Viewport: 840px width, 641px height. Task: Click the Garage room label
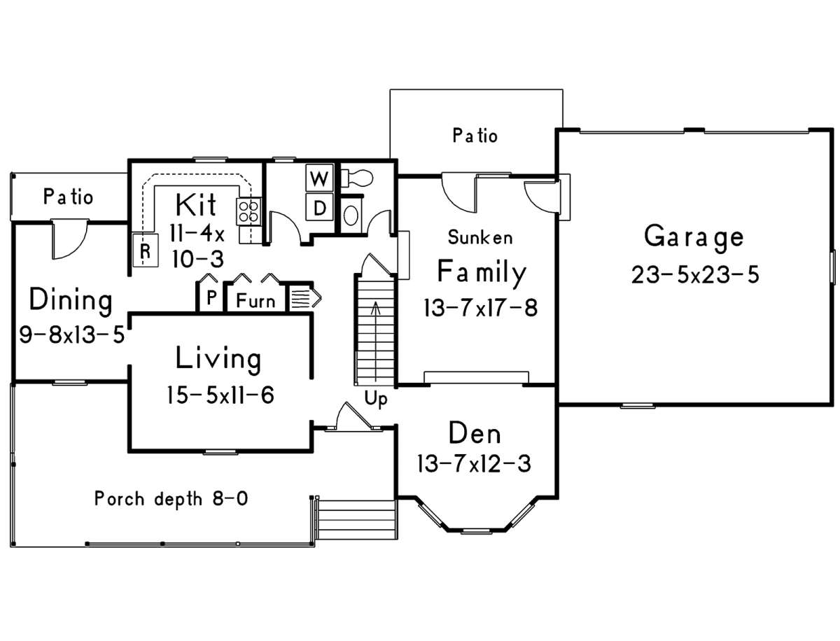click(x=694, y=237)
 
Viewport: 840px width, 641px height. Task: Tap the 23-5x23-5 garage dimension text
click(x=694, y=274)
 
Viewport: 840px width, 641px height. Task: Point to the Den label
click(x=475, y=434)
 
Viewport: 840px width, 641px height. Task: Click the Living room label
click(x=218, y=358)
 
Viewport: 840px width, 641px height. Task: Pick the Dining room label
click(x=70, y=300)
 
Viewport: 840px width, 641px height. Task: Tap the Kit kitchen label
click(x=195, y=206)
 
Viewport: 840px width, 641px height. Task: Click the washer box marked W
click(x=320, y=178)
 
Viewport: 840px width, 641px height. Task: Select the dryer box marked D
click(x=320, y=206)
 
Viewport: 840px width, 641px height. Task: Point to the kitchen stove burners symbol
click(x=248, y=211)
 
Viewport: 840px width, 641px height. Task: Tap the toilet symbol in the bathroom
click(x=356, y=177)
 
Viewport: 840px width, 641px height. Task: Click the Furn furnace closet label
click(x=255, y=302)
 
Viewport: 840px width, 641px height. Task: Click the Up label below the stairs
click(x=376, y=399)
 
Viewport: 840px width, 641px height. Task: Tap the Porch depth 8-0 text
click(x=171, y=499)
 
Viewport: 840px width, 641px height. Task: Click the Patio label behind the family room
click(x=475, y=135)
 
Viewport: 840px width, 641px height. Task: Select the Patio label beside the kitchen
click(x=68, y=197)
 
